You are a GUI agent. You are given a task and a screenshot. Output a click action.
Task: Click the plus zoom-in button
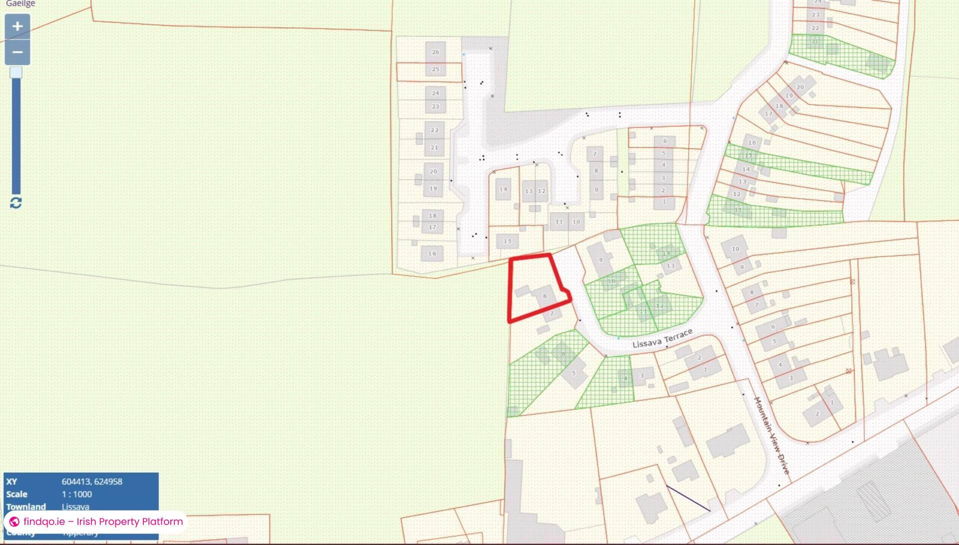[17, 26]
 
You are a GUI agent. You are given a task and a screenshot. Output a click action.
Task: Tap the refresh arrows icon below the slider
[16, 203]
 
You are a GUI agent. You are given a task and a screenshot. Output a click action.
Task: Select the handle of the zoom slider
[16, 73]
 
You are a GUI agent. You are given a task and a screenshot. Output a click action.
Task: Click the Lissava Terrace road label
[662, 338]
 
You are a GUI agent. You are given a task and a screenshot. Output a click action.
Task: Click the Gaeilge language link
[20, 4]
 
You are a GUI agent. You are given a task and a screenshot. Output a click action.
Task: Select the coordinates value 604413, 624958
[92, 482]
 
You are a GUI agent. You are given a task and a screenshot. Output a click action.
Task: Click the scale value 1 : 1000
[77, 494]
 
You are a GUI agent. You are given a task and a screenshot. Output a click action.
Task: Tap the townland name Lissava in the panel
[75, 507]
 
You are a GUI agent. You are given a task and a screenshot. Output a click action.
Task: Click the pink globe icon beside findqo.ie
[14, 522]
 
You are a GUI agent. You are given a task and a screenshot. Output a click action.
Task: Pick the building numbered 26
[436, 52]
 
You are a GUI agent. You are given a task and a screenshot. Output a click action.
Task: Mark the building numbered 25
[436, 69]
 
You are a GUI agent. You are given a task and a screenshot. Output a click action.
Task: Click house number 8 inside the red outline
[544, 296]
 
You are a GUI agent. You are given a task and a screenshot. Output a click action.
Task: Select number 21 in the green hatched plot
[815, 41]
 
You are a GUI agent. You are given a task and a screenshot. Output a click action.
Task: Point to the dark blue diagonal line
[688, 498]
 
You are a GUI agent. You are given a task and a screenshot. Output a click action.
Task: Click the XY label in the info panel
[11, 482]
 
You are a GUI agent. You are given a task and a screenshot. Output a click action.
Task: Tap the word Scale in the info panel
[16, 494]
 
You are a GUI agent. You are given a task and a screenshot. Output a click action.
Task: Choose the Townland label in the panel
[26, 507]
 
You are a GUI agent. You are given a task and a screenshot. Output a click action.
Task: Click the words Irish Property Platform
[129, 522]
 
